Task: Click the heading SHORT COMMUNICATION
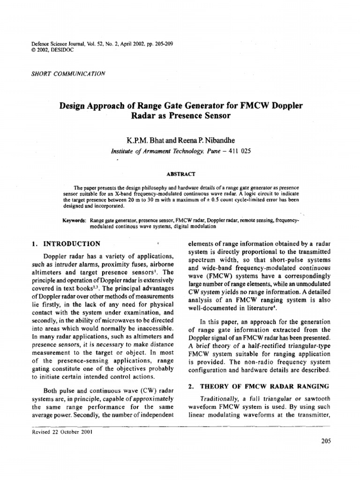67,73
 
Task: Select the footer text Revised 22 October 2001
61,432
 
